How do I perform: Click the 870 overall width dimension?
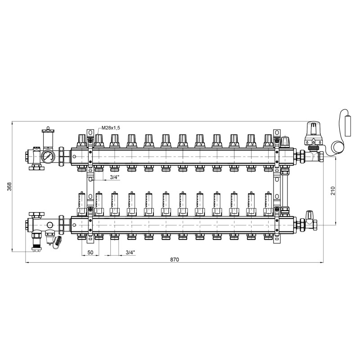tap(175, 260)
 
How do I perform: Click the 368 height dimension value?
tap(9, 186)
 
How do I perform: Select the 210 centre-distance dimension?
tap(333, 191)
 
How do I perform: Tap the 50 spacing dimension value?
tap(90, 252)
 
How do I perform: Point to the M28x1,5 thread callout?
tap(111, 128)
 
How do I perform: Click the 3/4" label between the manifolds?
tap(115, 177)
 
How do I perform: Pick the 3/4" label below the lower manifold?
tap(130, 252)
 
